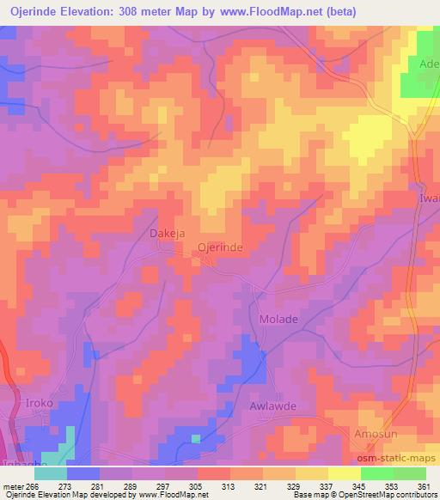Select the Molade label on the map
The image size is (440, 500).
point(278,320)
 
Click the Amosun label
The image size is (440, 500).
point(376,435)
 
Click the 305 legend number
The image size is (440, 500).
point(197,486)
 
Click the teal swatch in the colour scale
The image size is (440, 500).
point(51,473)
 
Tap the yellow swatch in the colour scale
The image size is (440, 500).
point(344,473)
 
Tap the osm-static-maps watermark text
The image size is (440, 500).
point(404,458)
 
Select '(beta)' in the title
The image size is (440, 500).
point(342,12)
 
